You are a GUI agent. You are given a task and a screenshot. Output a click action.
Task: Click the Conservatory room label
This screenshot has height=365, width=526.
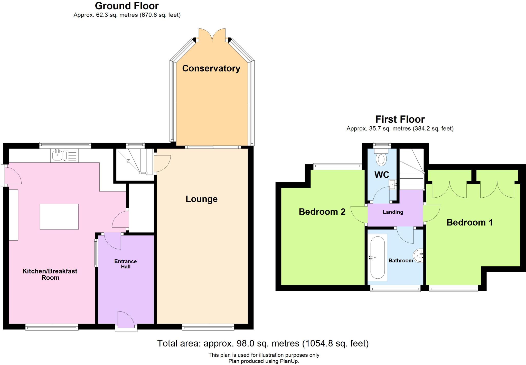point(211,68)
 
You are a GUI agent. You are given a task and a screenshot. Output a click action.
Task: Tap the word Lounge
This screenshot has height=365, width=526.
point(202,199)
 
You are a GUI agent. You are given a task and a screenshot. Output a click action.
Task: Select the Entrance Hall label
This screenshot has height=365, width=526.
point(126,264)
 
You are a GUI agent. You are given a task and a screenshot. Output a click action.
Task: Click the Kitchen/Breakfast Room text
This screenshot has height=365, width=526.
point(50,274)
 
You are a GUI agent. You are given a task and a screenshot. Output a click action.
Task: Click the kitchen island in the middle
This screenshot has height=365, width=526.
point(59,216)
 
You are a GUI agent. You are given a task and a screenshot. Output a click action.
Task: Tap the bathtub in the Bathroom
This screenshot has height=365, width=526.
point(377,257)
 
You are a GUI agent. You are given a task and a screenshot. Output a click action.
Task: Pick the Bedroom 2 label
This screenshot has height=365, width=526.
point(322,212)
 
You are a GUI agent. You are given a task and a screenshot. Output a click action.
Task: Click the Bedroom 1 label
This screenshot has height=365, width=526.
point(470,223)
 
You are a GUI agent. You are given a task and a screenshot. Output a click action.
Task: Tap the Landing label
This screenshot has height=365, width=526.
point(393,212)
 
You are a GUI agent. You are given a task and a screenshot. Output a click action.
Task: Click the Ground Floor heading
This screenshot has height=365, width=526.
point(127,6)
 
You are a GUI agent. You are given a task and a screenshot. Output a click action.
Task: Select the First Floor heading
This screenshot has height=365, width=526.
point(400,119)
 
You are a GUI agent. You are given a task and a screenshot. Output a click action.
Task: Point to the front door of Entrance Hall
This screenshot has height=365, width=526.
point(126,321)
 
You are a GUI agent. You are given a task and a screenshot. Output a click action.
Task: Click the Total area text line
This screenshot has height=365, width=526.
point(263,343)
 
